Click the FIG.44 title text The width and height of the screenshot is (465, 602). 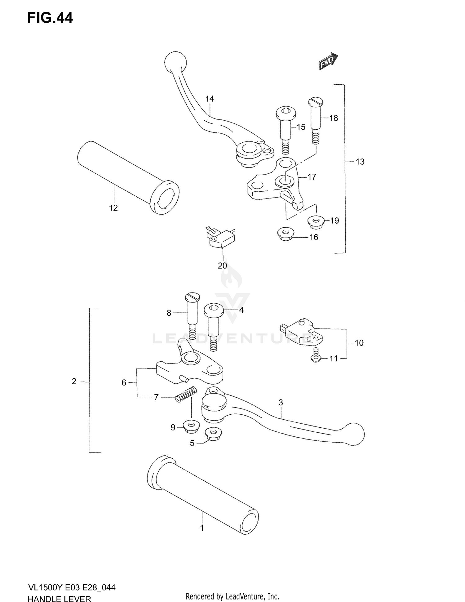[50, 18]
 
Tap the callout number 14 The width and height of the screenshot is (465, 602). [210, 99]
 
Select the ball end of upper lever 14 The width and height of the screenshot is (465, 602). [175, 62]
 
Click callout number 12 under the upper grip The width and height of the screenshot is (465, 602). [113, 208]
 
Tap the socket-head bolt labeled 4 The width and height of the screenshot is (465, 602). [214, 326]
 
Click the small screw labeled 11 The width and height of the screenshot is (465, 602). [316, 355]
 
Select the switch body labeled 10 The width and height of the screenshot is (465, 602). [305, 333]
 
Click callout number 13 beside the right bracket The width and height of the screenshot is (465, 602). [360, 162]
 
